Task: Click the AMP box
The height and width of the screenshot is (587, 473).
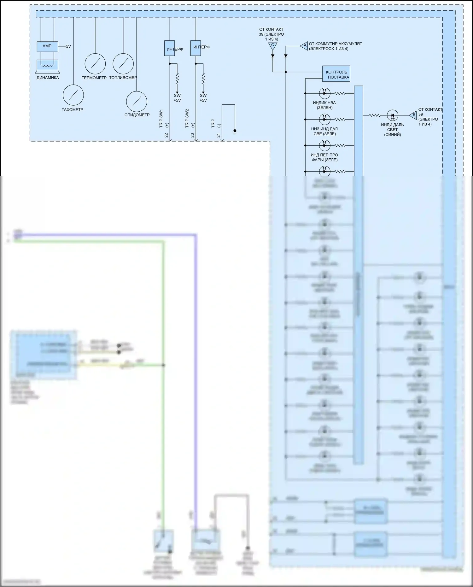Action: coord(47,46)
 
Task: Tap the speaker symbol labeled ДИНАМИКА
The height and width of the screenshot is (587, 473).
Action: coord(47,66)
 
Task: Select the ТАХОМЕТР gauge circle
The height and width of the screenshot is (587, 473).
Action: coord(73,95)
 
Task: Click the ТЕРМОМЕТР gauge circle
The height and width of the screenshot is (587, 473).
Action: coord(95,63)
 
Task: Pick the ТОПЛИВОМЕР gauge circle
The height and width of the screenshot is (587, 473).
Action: coord(123,63)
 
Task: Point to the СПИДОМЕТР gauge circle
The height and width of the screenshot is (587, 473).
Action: coord(137,102)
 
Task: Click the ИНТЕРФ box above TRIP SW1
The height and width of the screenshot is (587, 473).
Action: coord(170,48)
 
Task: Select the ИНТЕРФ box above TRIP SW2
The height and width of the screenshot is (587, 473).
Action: coord(196,48)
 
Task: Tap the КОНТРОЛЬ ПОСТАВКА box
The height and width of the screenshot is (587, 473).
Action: coord(336,74)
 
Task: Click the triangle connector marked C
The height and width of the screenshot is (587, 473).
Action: coord(272,46)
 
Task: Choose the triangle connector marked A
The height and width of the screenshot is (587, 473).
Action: coord(304,46)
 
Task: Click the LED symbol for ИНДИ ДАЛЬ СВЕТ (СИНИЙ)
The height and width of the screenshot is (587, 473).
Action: coord(393,115)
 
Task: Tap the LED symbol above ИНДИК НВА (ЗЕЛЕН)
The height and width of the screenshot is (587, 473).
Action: coord(324,93)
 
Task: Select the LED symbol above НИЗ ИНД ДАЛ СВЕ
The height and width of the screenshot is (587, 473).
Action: coord(324,119)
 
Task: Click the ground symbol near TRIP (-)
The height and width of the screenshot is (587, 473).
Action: coord(235,131)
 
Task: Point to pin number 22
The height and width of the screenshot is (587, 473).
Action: coord(166,135)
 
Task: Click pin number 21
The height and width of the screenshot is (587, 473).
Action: coord(219,135)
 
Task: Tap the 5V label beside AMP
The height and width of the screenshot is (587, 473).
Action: coord(68,47)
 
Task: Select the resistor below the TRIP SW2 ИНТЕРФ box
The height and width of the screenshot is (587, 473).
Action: coord(203,78)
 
